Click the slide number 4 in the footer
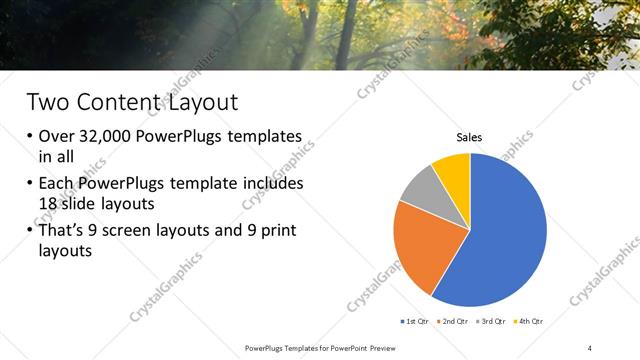[590, 347]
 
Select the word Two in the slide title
[50, 101]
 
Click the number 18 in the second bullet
[50, 203]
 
